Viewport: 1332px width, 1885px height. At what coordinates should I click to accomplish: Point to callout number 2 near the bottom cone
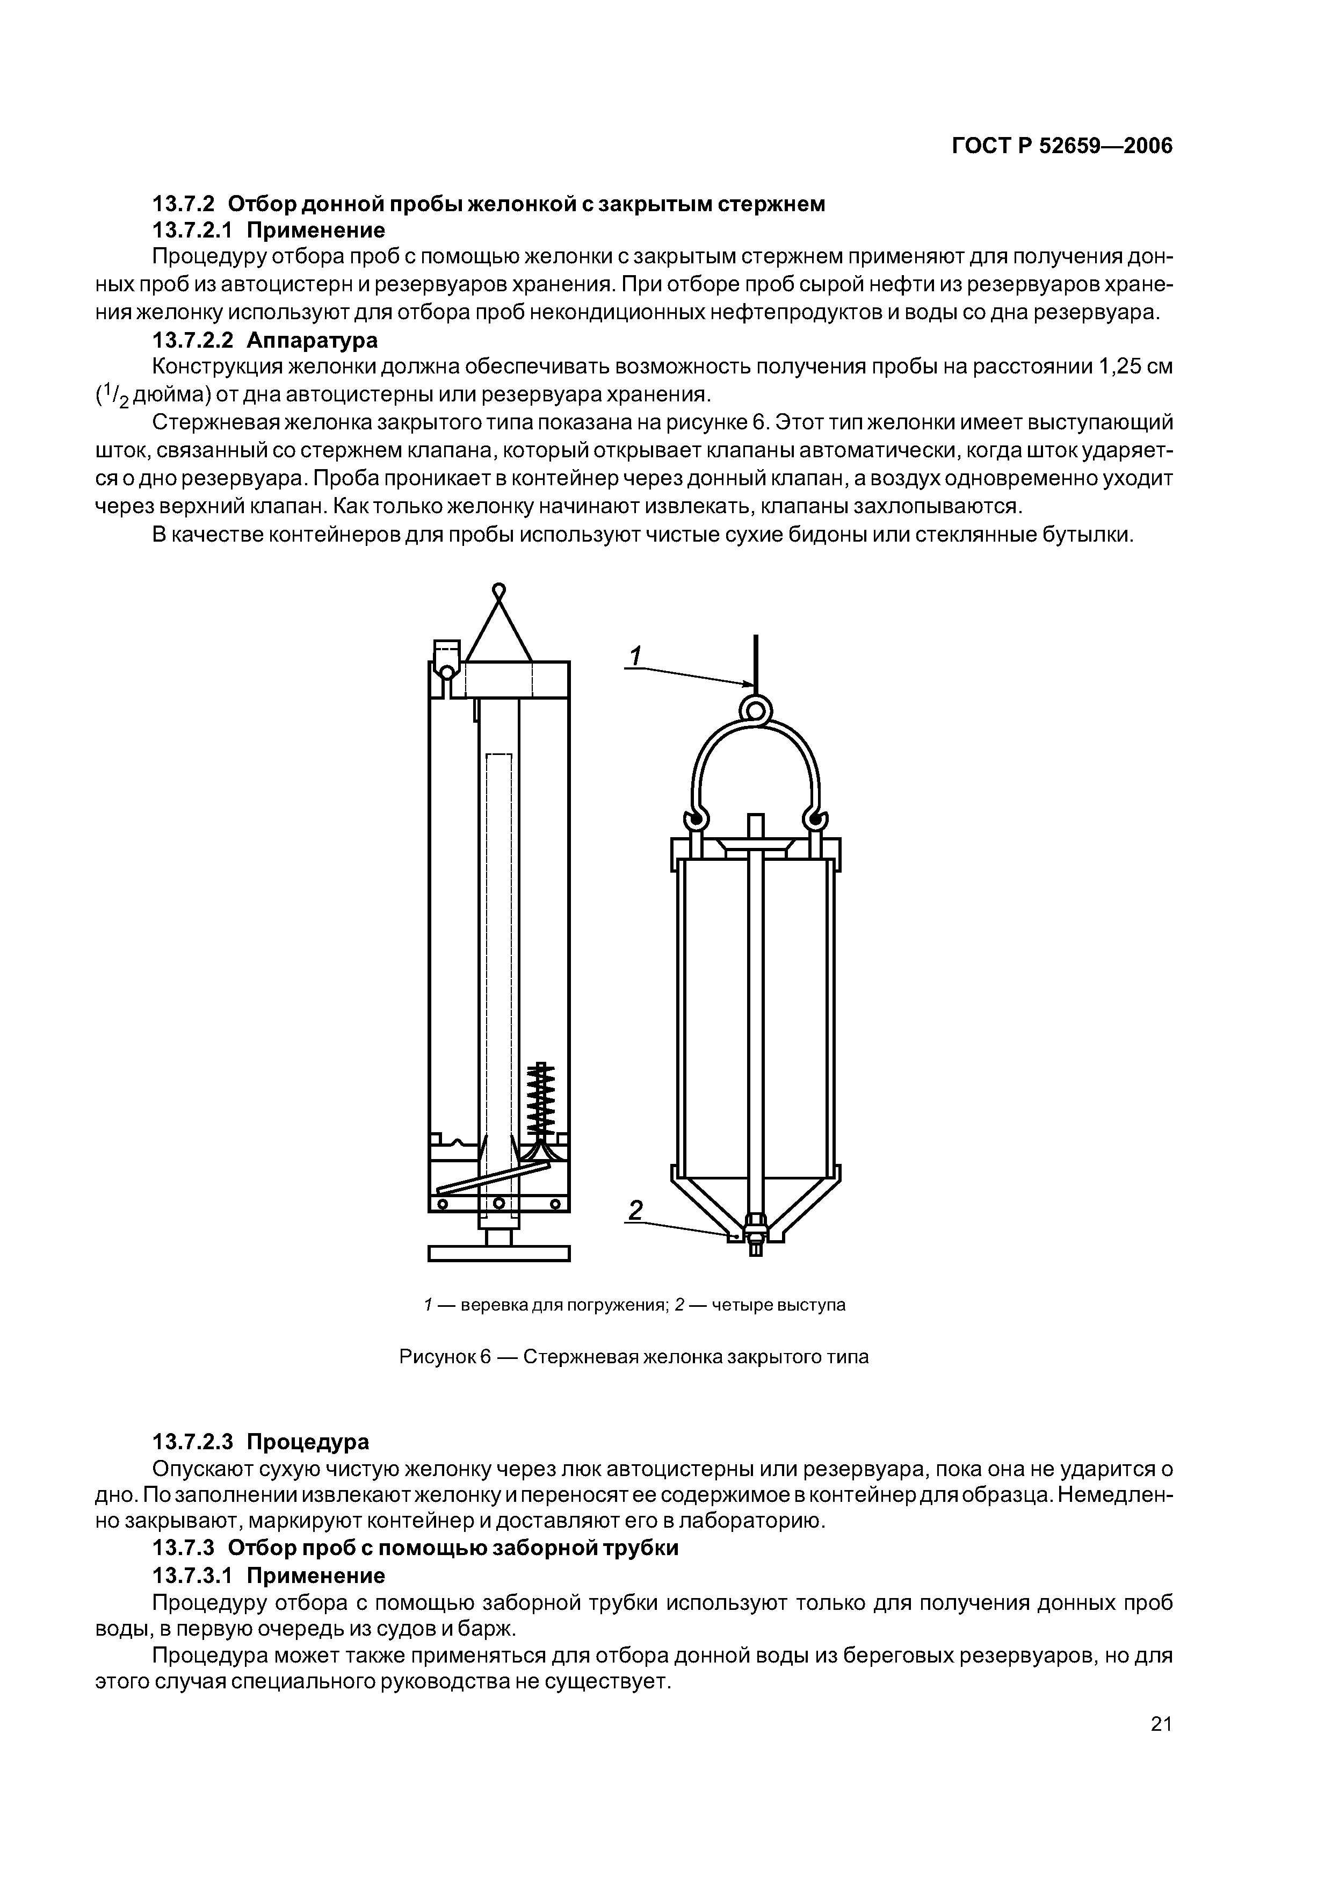(635, 1211)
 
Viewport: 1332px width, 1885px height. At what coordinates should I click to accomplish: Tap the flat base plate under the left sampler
(498, 1253)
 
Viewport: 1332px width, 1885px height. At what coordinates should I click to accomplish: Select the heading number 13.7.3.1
(193, 1575)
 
